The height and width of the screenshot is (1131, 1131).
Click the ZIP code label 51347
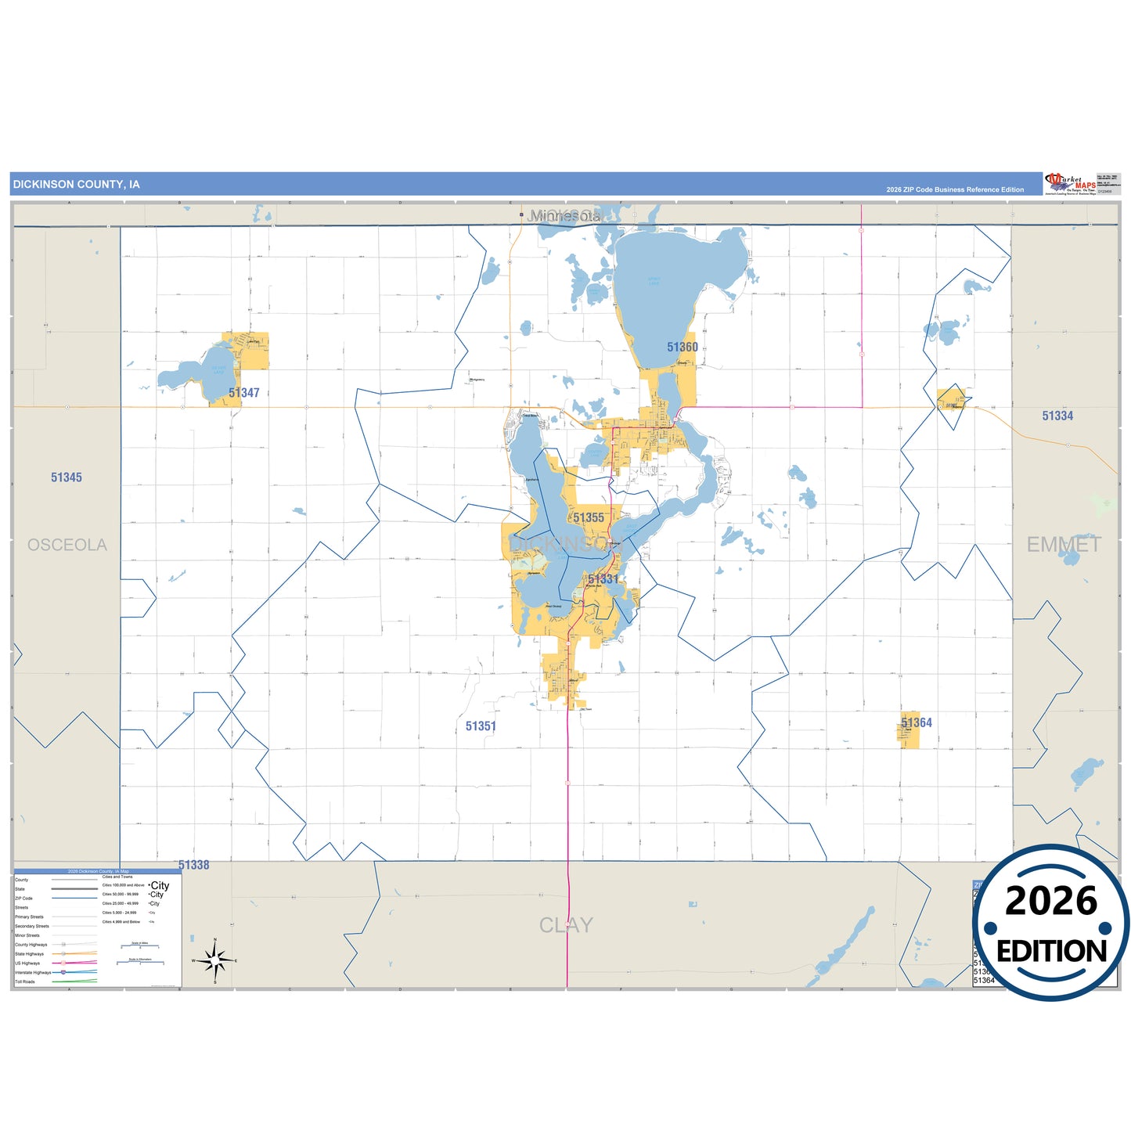tap(243, 393)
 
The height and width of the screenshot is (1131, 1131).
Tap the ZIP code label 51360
tap(682, 348)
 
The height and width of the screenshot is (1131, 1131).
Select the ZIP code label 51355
tap(588, 518)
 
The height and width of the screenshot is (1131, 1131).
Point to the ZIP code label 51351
tap(481, 726)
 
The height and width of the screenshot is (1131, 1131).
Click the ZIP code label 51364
tap(917, 723)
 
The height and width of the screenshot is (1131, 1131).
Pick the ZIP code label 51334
tap(1057, 416)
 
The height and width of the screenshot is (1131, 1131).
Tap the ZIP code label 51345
tap(67, 477)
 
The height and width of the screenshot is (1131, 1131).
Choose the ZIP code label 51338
tap(193, 865)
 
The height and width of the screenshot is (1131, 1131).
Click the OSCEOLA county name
tap(67, 545)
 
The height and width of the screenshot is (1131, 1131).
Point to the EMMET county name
tap(1064, 545)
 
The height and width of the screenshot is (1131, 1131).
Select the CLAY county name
tap(566, 925)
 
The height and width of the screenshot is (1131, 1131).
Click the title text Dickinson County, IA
tap(77, 185)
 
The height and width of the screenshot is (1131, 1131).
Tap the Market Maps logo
tap(1070, 184)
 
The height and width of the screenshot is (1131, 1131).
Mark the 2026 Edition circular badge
tap(1051, 924)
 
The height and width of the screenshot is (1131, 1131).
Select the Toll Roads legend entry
tap(25, 982)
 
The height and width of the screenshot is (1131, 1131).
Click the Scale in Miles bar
tap(139, 947)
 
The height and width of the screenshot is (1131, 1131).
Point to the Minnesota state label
tap(564, 216)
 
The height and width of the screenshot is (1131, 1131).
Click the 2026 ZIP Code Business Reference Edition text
tap(955, 189)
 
